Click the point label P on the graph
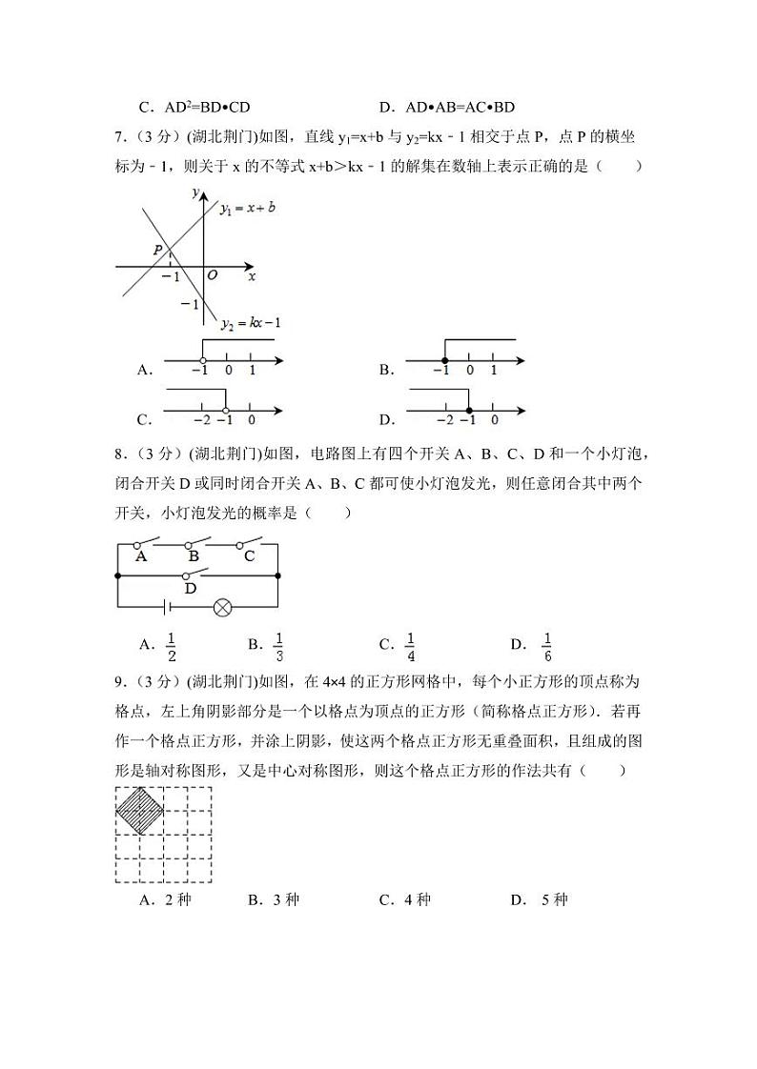tap(158, 250)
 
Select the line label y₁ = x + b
tap(247, 207)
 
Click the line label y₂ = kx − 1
tap(249, 324)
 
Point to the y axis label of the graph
tap(194, 192)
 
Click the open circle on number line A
tap(202, 360)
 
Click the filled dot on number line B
tap(443, 360)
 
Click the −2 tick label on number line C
tap(200, 420)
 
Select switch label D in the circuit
tap(191, 590)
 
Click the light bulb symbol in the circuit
tap(223, 607)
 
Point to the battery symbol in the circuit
tap(166, 607)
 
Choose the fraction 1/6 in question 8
tap(547, 646)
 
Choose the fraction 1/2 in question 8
tap(172, 646)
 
